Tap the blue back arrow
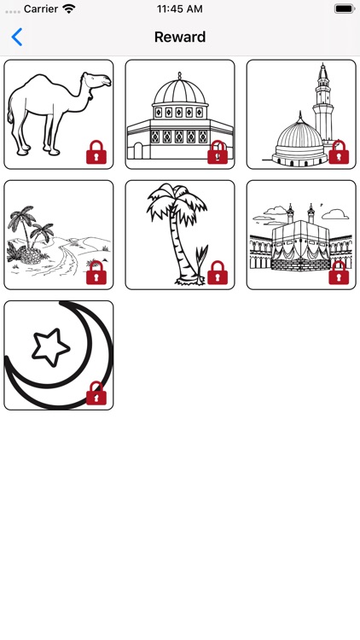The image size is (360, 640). pos(16,37)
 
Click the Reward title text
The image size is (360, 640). pos(180,37)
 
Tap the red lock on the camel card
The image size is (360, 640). pos(96,153)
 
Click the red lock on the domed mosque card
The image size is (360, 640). pos(218,153)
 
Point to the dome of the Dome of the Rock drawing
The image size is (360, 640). pos(180,93)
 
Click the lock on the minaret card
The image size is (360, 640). pos(339,153)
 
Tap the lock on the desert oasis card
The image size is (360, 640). pos(96,273)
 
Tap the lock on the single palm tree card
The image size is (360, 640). pos(218,273)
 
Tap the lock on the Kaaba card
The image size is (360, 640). pos(339,273)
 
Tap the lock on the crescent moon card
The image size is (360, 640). pos(96,393)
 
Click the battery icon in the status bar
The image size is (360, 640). pos(344,9)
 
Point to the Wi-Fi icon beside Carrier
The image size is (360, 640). pos(68,9)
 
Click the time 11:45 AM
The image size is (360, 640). pos(180,9)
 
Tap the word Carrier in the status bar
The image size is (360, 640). pos(40,9)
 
